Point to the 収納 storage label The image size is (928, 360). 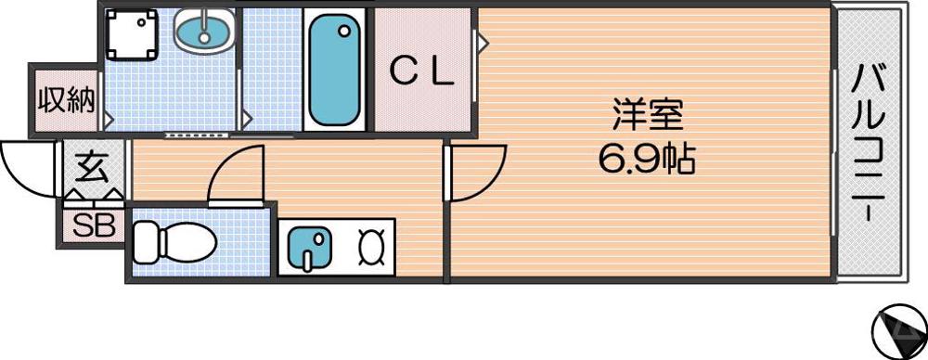(x=66, y=100)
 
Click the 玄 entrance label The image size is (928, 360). (x=92, y=168)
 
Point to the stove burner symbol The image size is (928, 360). (x=371, y=247)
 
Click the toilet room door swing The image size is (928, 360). (x=236, y=176)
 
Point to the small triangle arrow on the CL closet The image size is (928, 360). (x=483, y=42)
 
